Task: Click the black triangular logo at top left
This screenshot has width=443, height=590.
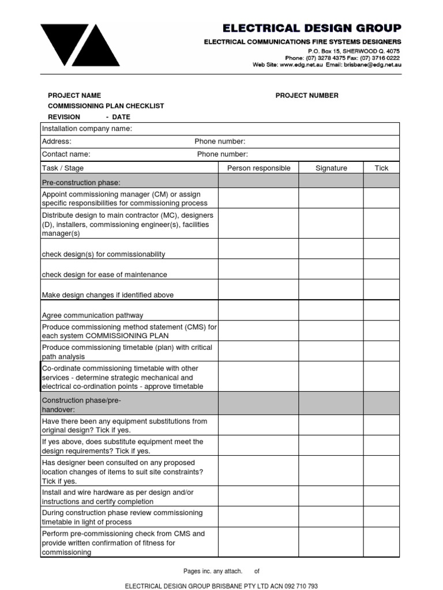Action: (80, 44)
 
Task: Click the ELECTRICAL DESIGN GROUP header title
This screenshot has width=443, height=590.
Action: (312, 28)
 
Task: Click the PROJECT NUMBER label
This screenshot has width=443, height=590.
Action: (307, 96)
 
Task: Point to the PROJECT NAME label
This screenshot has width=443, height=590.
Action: (74, 96)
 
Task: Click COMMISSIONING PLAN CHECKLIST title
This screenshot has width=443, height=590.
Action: (106, 106)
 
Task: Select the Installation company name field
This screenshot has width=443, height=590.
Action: (87, 128)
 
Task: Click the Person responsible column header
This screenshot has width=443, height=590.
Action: (258, 168)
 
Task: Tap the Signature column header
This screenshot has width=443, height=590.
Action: (331, 168)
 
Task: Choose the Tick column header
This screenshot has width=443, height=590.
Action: (381, 168)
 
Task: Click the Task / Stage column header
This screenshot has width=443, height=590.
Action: (63, 168)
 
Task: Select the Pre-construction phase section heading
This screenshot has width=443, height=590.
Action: (81, 183)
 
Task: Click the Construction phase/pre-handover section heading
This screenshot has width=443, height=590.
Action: (81, 404)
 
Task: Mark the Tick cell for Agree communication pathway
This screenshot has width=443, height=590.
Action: (381, 311)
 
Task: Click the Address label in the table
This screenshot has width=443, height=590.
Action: (57, 142)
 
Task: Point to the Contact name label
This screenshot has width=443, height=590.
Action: (66, 154)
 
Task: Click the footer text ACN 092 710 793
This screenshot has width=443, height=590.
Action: (298, 586)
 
